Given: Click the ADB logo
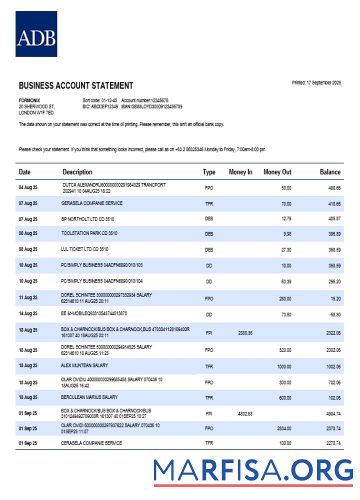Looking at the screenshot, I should point(36,34).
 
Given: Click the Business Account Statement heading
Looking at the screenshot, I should point(76,85).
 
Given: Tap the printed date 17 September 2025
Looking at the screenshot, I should point(316,83).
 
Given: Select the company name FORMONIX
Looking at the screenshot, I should point(28,100).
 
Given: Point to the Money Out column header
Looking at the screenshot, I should point(277,172).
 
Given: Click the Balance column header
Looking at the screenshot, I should point(330,172).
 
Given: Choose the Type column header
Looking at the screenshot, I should point(209,172).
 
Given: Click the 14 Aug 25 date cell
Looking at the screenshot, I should point(28,314).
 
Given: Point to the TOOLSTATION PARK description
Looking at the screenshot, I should point(89,233).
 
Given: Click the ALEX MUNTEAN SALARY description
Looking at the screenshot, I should point(84,365).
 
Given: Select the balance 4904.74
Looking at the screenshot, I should point(330,413).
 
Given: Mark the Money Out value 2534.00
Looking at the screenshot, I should point(283,428).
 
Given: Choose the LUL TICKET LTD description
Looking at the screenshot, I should point(85,248).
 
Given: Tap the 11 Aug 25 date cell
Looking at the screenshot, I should point(28,298).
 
